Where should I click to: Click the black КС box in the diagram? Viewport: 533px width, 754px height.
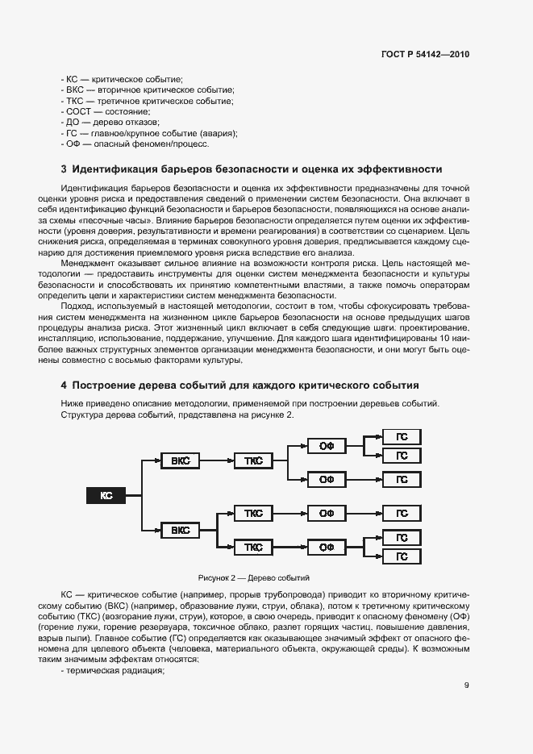click(106, 495)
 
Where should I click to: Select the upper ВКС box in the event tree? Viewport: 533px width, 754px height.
click(180, 460)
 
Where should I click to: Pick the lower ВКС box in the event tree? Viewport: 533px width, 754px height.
click(180, 530)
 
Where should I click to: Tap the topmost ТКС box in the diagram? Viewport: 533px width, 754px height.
click(252, 460)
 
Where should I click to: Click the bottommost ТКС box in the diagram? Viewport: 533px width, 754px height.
click(252, 547)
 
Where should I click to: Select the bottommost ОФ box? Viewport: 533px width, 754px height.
click(326, 547)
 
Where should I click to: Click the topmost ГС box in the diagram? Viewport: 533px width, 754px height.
click(401, 437)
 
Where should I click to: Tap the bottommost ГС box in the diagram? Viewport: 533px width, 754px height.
click(401, 556)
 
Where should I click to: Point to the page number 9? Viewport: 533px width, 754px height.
click(466, 686)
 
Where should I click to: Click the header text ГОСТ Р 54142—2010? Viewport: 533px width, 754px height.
click(425, 55)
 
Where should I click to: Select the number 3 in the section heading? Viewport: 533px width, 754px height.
click(64, 169)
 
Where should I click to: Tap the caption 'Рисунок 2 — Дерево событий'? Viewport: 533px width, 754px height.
click(253, 578)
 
